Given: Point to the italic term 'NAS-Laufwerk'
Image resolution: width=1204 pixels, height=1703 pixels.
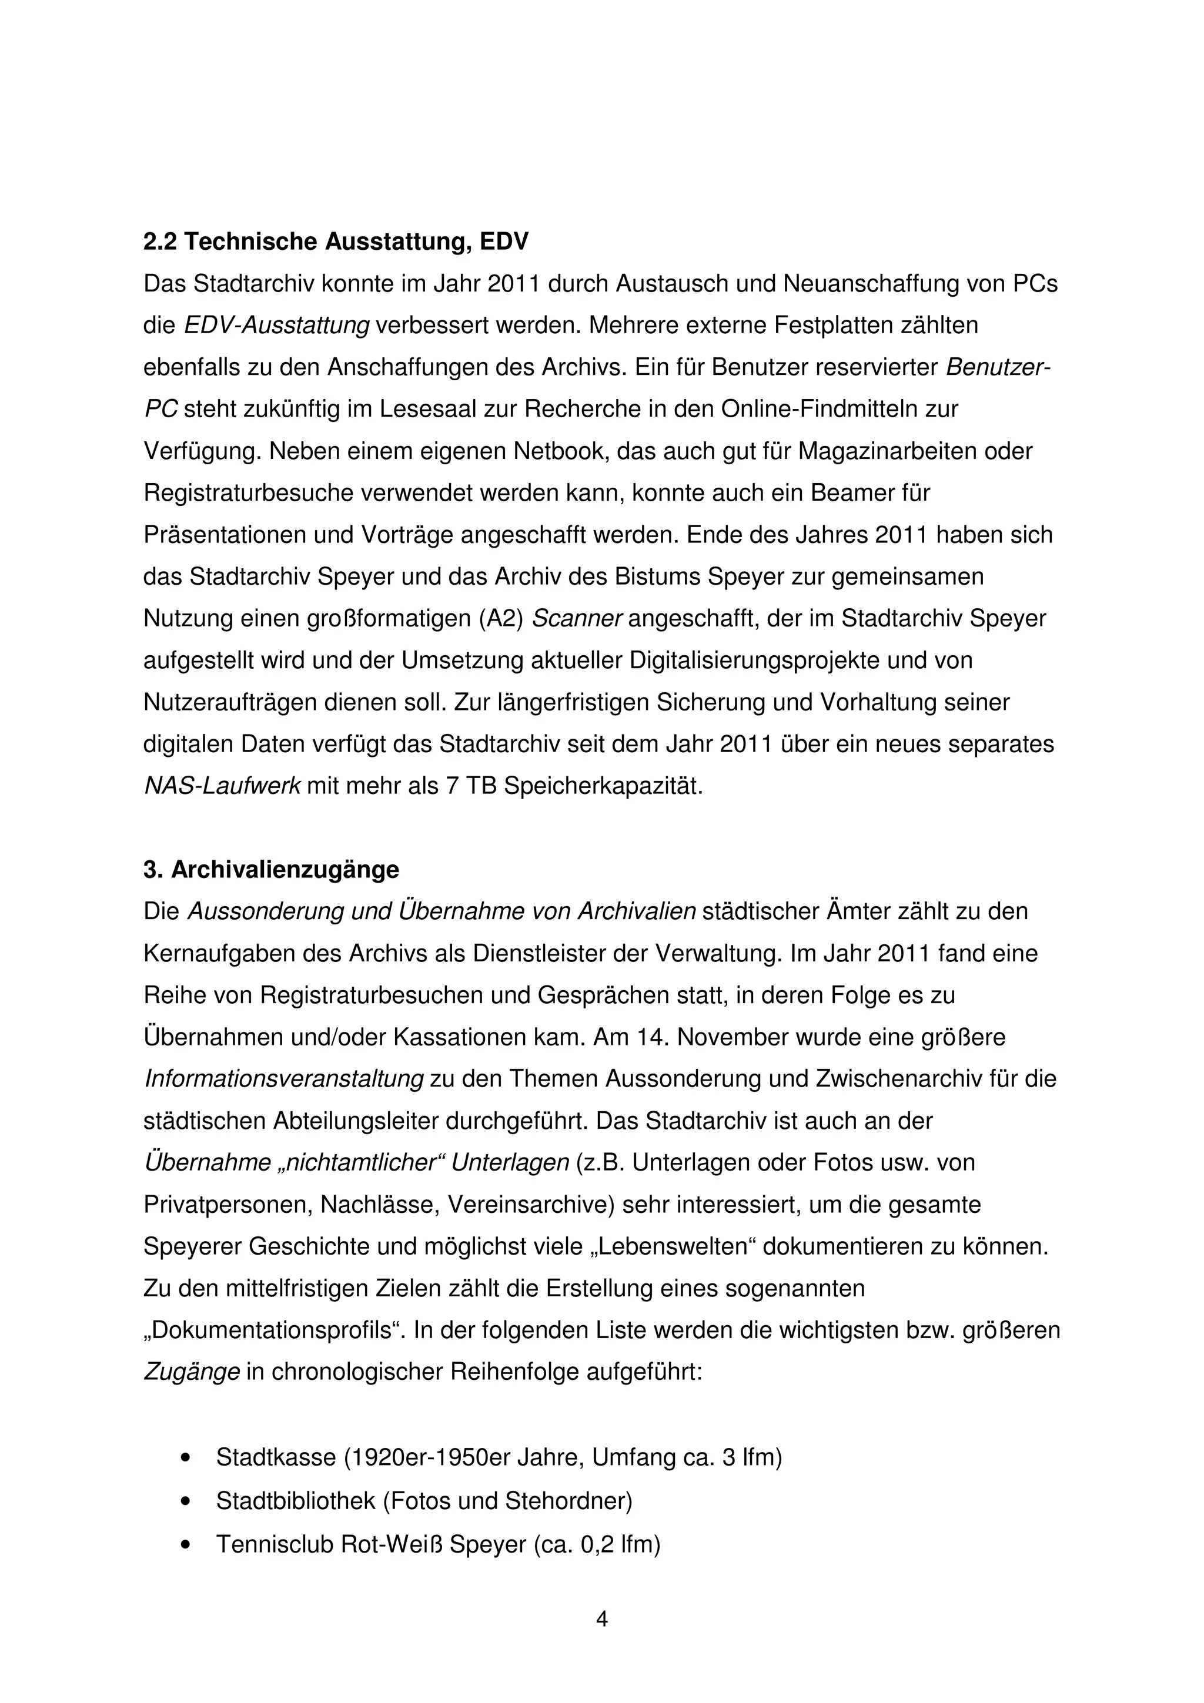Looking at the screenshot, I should (222, 786).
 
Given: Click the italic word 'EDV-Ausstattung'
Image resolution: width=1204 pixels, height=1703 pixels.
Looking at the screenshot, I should (276, 326).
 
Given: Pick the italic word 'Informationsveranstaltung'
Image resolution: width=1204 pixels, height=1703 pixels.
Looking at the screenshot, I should (283, 1078).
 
